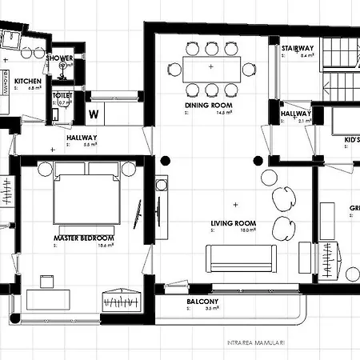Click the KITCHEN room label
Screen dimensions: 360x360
pos(27,81)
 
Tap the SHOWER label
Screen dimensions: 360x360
pos(60,58)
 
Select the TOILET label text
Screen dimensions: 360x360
pos(63,94)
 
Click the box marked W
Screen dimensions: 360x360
pos(94,113)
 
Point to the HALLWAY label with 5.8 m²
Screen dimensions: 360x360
pos(82,138)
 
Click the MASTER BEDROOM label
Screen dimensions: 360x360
pos(83,238)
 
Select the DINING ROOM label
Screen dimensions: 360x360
pos(208,105)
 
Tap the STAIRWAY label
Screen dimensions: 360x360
pos(297,49)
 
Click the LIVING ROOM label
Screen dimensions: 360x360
pos(234,223)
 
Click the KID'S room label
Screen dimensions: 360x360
pos(351,140)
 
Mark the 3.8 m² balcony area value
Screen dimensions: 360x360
pos(212,308)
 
